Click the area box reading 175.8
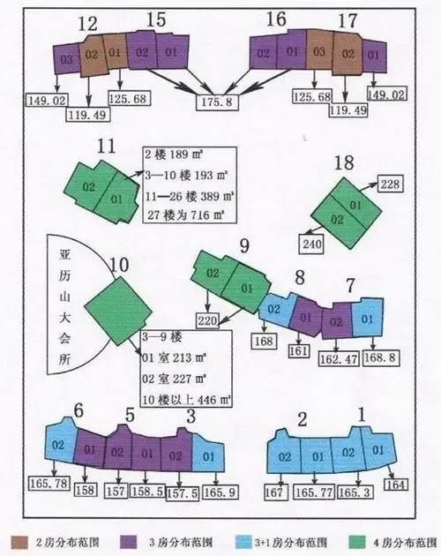click(x=217, y=102)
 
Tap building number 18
click(x=344, y=162)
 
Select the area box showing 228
click(x=390, y=184)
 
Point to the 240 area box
click(x=312, y=244)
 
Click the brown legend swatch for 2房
click(x=19, y=542)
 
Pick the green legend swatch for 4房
click(x=357, y=542)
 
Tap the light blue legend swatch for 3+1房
click(x=243, y=542)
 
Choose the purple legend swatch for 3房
click(x=129, y=542)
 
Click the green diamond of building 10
click(x=118, y=311)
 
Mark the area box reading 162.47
click(x=340, y=359)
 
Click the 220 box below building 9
click(x=208, y=320)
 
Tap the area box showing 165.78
click(x=49, y=483)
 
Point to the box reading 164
click(x=396, y=485)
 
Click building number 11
click(x=107, y=146)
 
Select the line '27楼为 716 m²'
click(x=186, y=214)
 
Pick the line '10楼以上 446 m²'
click(x=186, y=400)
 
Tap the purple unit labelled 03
click(x=66, y=59)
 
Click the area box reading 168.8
click(x=379, y=357)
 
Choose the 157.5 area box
click(x=183, y=493)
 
